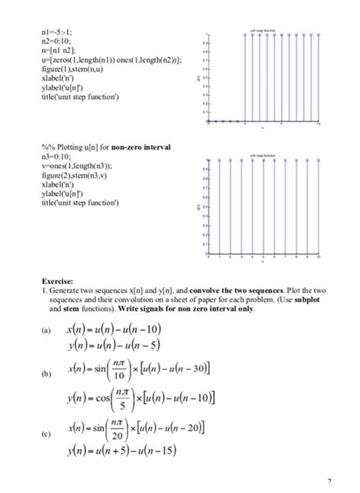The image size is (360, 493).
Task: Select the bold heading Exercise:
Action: click(x=57, y=281)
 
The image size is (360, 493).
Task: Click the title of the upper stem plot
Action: click(x=261, y=31)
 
